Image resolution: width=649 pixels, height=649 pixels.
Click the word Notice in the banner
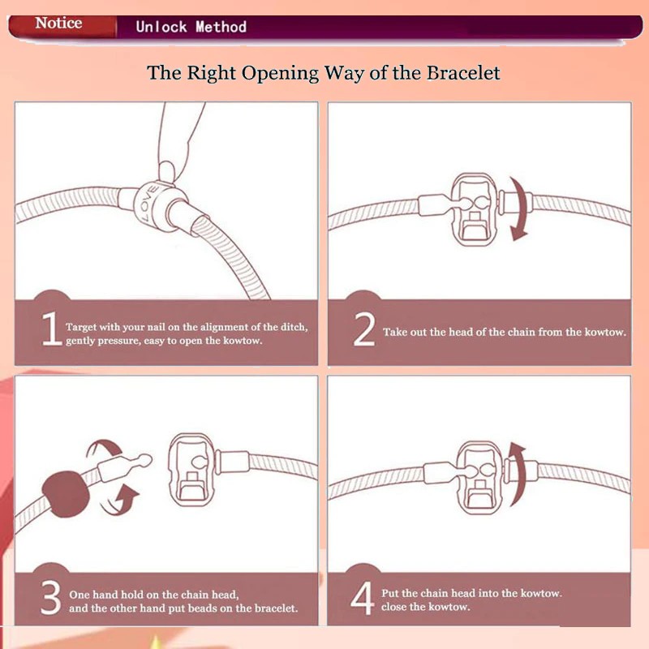click(x=58, y=24)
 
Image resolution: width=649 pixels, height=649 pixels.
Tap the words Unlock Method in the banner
click(x=191, y=28)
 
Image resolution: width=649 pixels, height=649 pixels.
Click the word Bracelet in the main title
click(x=463, y=73)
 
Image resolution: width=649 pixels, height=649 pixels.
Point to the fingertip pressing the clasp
click(x=166, y=171)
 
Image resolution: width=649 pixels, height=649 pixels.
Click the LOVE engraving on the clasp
click(x=148, y=204)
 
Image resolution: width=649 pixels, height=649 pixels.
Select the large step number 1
click(x=52, y=329)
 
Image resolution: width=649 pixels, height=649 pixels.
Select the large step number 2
click(x=364, y=329)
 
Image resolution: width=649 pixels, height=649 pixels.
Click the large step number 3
click(x=51, y=597)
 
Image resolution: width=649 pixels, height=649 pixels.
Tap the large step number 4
click(x=362, y=598)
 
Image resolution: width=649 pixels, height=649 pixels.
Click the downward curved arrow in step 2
click(x=523, y=209)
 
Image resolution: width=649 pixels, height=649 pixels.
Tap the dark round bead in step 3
click(x=65, y=494)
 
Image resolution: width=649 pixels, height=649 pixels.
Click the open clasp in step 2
click(x=475, y=210)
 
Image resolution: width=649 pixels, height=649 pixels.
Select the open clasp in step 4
click(x=480, y=477)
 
